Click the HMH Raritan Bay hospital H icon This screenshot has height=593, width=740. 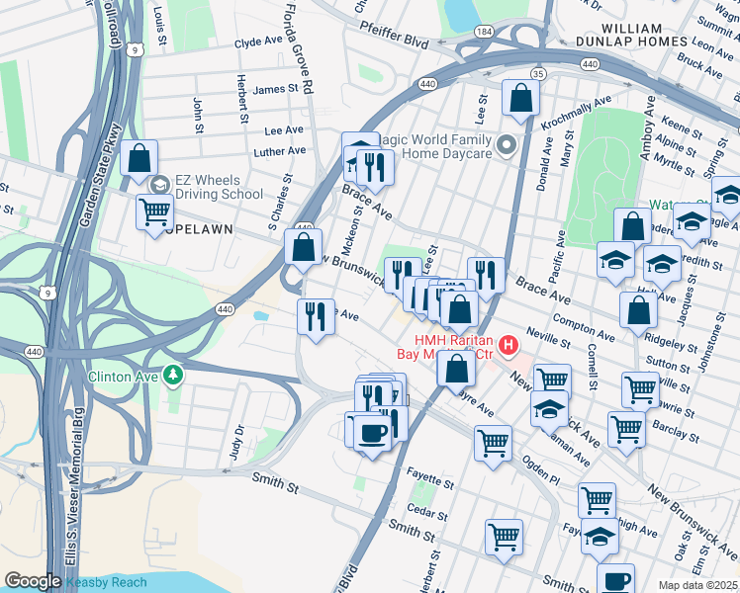(509, 345)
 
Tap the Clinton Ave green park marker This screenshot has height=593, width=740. (174, 376)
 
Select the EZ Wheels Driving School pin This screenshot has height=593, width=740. (159, 185)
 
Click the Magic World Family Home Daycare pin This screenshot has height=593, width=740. (508, 146)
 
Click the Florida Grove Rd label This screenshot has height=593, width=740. (299, 46)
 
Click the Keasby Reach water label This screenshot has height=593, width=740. (107, 582)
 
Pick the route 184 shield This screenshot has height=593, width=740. (484, 33)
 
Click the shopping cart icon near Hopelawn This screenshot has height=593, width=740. (154, 212)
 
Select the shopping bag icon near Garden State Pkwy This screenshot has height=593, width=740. (139, 157)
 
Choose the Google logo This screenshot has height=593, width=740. (34, 581)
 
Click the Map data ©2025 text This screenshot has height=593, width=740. (696, 585)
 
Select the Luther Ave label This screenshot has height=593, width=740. (280, 151)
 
